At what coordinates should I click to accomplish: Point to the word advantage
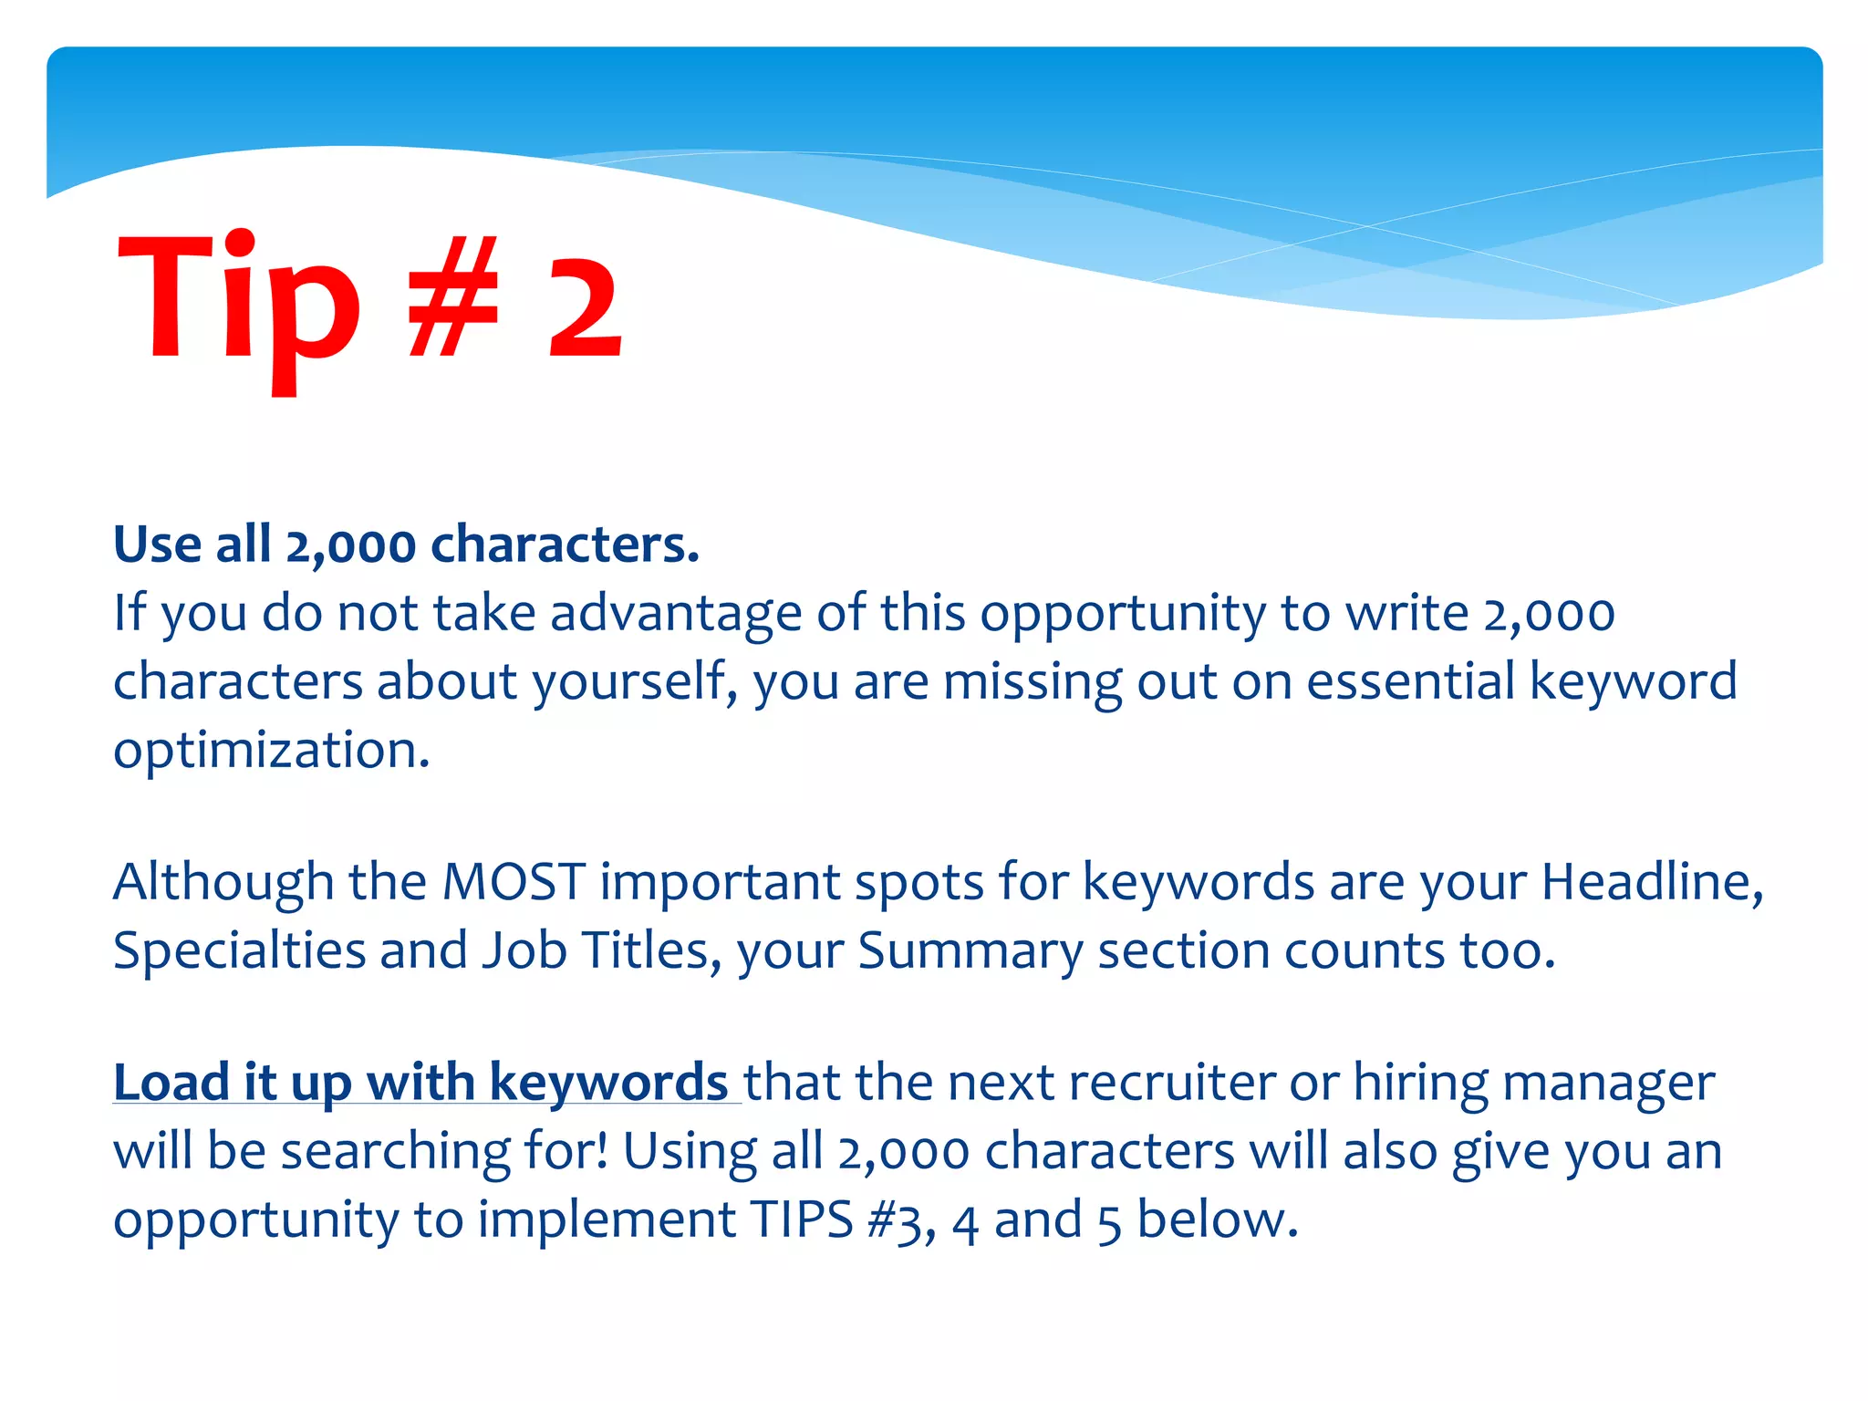tap(675, 613)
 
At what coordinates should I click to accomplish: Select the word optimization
tap(270, 752)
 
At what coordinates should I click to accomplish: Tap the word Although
tap(223, 882)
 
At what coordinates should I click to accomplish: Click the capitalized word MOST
tap(513, 882)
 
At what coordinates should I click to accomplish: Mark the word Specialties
tap(239, 950)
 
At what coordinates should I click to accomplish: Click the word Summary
tap(969, 950)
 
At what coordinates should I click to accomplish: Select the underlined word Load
tap(171, 1083)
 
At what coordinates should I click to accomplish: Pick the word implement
tap(607, 1220)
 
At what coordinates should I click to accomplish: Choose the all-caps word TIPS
tap(801, 1219)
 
